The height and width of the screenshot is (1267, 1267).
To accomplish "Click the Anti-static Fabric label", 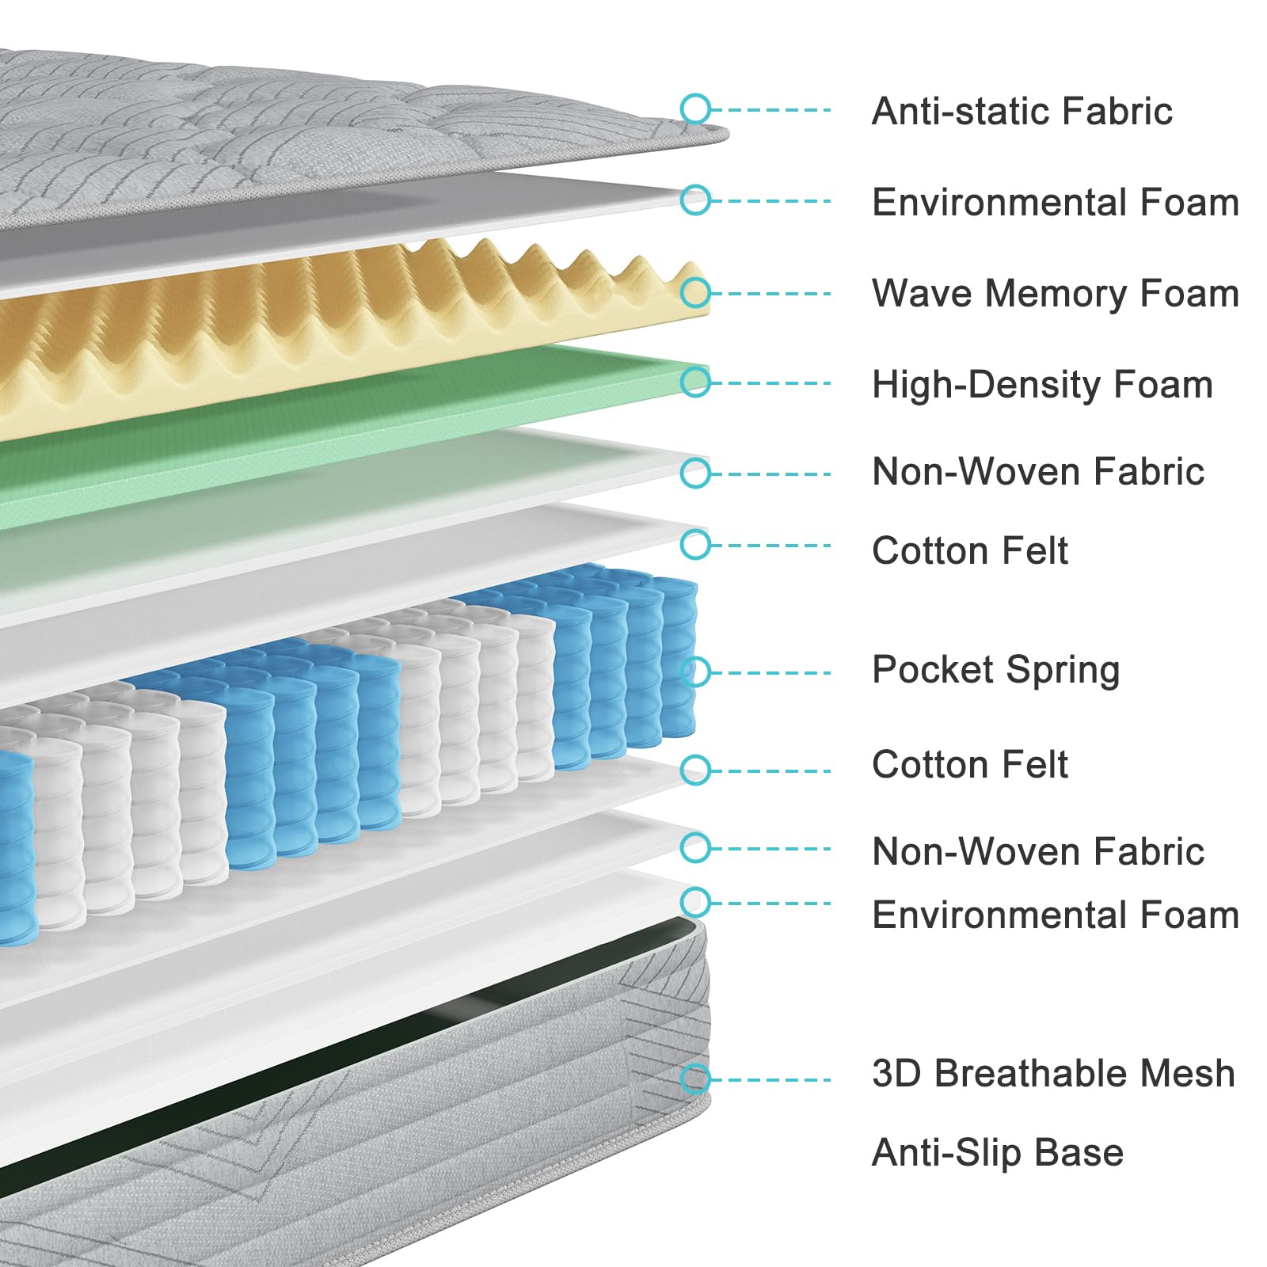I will (1022, 111).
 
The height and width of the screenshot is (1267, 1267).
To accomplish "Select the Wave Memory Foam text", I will (1055, 294).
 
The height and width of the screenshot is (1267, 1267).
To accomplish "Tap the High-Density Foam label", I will (1042, 385).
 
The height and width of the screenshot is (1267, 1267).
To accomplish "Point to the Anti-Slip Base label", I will (998, 1153).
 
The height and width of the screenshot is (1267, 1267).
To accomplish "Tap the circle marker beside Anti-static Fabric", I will (695, 109).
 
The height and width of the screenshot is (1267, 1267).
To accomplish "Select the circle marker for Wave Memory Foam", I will (695, 292).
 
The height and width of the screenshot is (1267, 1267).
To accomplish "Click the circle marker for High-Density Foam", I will (695, 382).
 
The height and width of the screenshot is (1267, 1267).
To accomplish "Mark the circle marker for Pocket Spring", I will (695, 672).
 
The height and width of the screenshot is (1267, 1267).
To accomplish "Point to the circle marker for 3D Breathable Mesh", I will (695, 1079).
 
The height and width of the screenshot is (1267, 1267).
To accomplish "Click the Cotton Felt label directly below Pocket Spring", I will (969, 765).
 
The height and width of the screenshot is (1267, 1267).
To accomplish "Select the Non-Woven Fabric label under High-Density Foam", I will (1037, 472).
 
